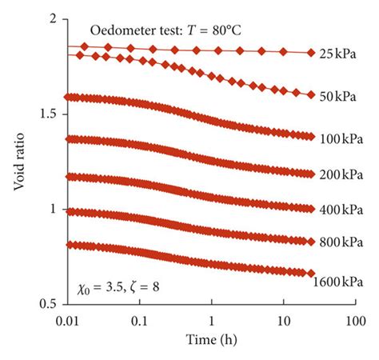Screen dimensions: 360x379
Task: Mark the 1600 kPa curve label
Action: pos(339,282)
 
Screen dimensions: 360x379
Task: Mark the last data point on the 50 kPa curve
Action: pos(311,94)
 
